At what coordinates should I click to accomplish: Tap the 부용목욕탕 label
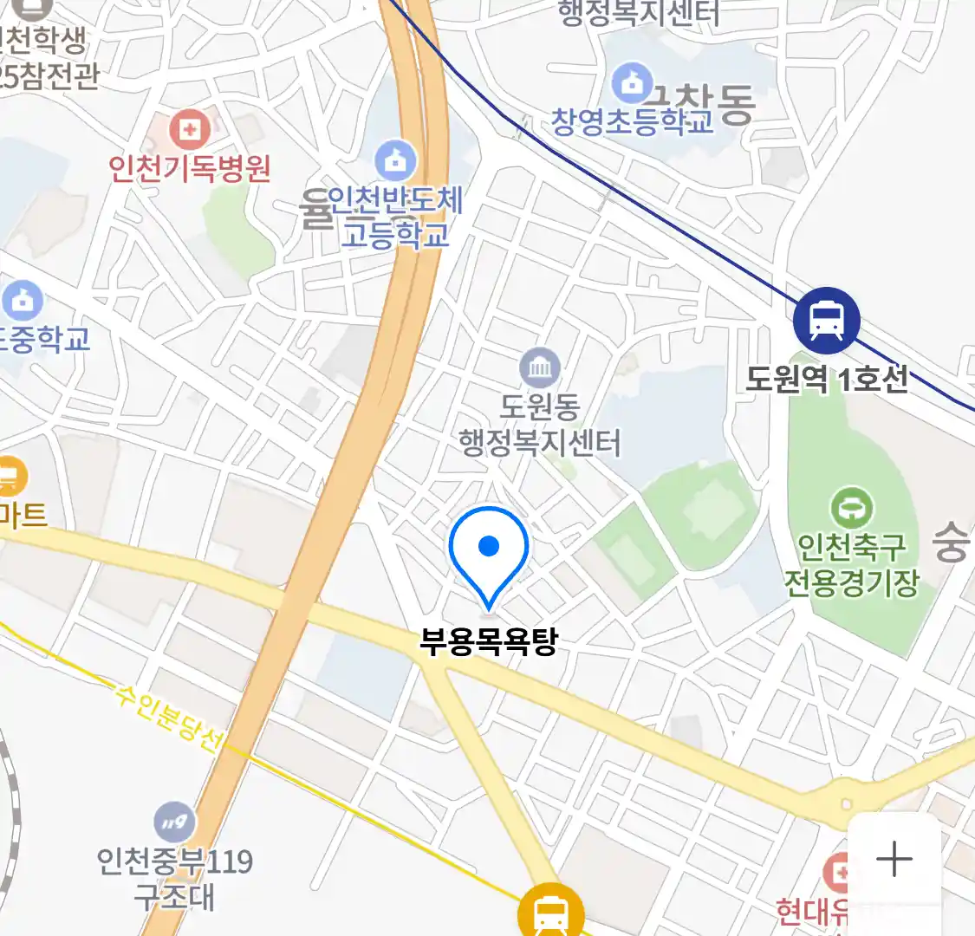tap(488, 641)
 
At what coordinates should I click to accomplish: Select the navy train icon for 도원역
tap(826, 320)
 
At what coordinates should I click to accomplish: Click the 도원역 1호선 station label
tap(827, 379)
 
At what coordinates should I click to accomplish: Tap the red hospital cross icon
tap(189, 132)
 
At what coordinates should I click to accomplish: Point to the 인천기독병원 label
tap(190, 167)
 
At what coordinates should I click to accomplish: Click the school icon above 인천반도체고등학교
tap(395, 161)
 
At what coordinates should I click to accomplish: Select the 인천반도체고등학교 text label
tap(395, 218)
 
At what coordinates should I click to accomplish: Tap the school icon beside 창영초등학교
tap(632, 82)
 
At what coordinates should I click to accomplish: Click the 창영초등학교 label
tap(633, 120)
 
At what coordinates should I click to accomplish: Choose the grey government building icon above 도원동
tap(540, 369)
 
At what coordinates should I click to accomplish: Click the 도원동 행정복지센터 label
tap(540, 425)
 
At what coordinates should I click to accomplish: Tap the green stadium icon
tap(851, 508)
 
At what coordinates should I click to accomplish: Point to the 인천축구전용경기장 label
tap(851, 564)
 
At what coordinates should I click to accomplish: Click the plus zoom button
tap(894, 859)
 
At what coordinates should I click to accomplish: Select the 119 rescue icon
tap(174, 822)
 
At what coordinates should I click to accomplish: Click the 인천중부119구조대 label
tap(174, 878)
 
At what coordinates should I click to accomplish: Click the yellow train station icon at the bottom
tap(550, 912)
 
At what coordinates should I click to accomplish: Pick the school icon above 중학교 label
tap(23, 301)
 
